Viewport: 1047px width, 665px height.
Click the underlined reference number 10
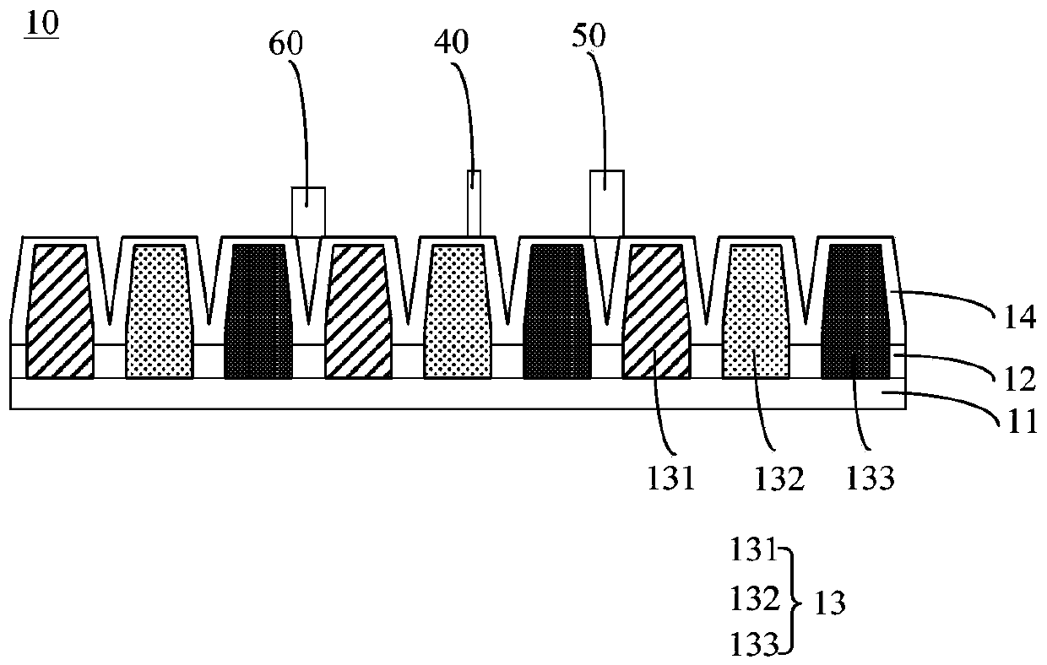41,24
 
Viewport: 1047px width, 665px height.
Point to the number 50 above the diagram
588,36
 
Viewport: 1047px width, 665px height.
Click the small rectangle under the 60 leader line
308,211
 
